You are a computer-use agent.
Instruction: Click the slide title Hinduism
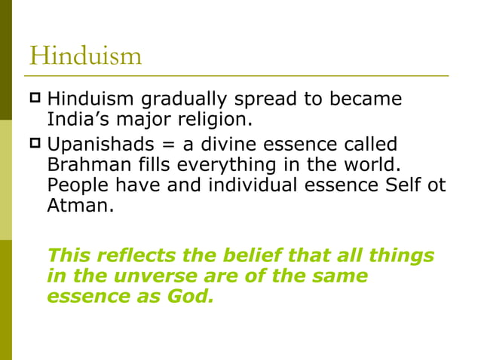coord(85,56)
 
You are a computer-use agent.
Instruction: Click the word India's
coord(78,120)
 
